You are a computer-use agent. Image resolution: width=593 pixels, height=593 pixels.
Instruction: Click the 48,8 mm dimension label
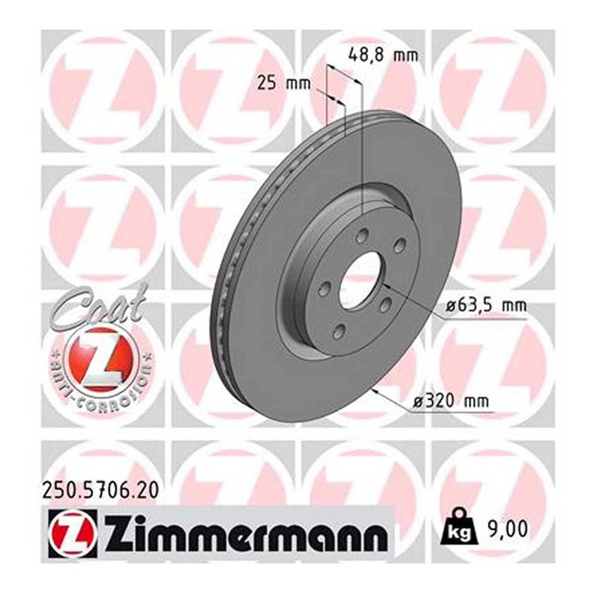[x=383, y=56]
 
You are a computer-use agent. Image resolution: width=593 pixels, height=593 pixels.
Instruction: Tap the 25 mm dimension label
[x=284, y=84]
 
